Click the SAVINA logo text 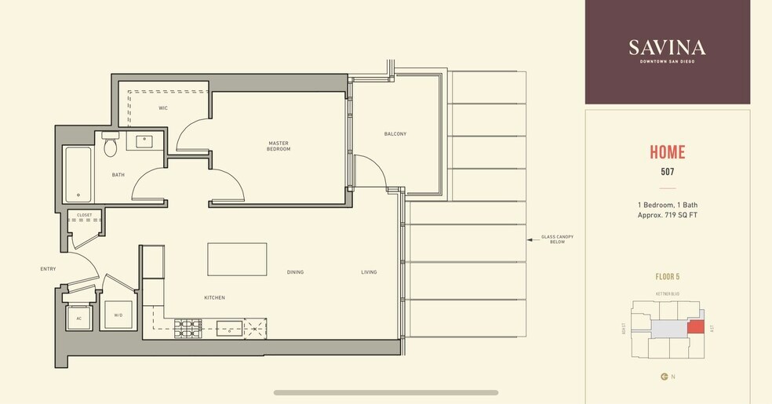667,47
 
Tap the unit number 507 667,171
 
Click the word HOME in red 667,153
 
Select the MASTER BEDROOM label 279,146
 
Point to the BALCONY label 395,134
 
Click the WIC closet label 163,107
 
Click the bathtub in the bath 78,173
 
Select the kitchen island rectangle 237,259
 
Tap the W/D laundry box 118,315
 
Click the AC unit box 79,318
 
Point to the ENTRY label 48,269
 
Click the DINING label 295,272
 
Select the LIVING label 369,272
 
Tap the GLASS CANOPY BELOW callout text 552,239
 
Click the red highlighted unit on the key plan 696,326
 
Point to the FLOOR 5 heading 668,277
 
